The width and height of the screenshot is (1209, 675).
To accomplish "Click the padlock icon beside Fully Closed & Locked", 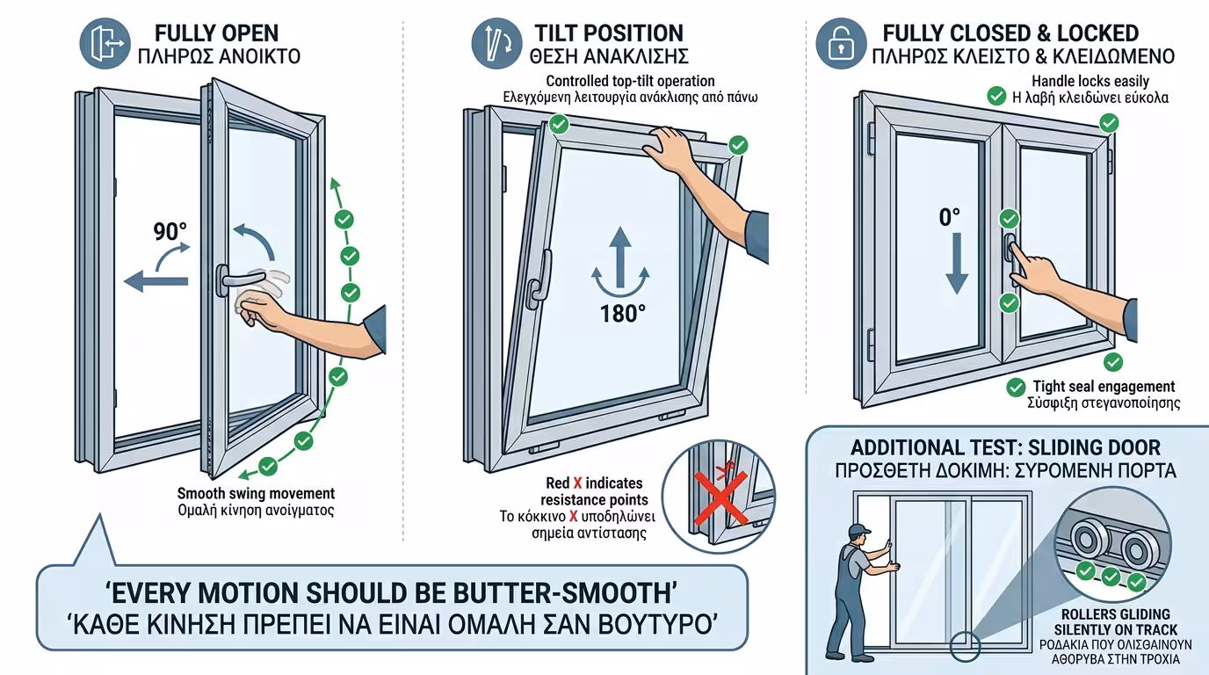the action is (x=841, y=44).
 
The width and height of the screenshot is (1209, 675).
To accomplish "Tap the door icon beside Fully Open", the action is (x=105, y=44).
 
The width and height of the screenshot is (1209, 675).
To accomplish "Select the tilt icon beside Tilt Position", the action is (x=496, y=44).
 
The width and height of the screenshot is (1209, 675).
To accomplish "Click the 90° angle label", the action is (x=170, y=232).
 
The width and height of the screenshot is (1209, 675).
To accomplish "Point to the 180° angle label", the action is (x=622, y=314).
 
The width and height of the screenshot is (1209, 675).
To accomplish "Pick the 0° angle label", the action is (x=950, y=218).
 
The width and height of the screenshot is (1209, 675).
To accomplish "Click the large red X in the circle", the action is (x=720, y=498).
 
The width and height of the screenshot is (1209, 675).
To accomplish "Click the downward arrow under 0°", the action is (x=957, y=264).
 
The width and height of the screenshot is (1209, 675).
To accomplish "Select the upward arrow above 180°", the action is (x=620, y=257).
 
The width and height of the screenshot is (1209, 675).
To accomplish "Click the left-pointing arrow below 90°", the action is (x=156, y=280).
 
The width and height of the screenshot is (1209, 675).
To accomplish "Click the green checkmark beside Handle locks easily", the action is (x=996, y=96).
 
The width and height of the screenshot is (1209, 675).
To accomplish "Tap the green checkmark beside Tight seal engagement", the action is (x=1016, y=388).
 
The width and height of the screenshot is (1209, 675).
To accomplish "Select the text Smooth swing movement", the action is (x=256, y=494).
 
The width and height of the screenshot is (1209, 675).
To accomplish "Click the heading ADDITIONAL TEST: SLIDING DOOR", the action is (x=1005, y=447).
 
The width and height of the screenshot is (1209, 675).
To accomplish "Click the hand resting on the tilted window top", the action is (x=668, y=149).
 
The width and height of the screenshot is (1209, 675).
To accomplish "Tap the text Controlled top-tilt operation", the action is (x=630, y=81).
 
